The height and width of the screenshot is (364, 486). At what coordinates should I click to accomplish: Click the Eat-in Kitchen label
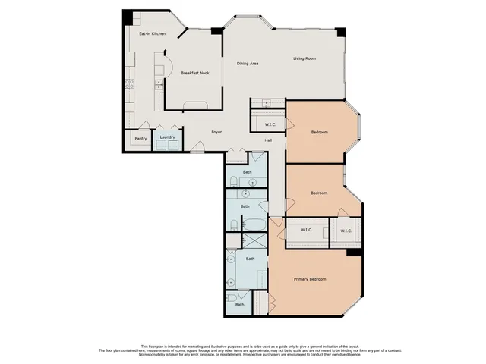152,34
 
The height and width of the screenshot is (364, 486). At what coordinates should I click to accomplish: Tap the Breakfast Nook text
195,73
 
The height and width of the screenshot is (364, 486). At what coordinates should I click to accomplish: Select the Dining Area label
248,64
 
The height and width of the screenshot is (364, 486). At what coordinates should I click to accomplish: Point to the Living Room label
305,58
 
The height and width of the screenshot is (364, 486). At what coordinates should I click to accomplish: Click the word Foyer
216,131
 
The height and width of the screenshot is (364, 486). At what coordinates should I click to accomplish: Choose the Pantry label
140,139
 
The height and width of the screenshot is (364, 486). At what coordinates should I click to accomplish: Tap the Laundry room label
167,137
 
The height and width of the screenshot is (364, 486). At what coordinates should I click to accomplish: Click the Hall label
268,140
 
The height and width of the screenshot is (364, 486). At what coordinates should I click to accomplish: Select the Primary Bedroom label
310,279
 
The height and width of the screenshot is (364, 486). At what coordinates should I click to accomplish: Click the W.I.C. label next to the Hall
270,124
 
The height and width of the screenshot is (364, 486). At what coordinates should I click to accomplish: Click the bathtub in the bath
251,225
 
